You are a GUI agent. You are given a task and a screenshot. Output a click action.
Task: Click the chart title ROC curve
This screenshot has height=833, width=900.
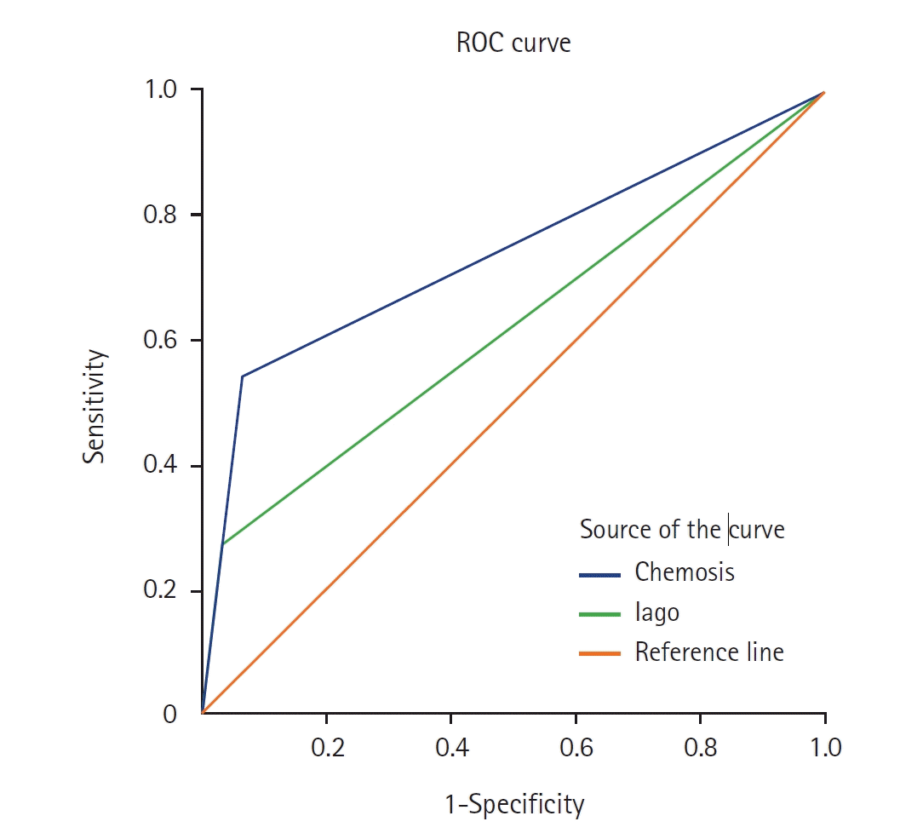(x=513, y=43)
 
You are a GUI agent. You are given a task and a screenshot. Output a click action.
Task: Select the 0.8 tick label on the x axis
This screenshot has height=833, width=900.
(x=700, y=747)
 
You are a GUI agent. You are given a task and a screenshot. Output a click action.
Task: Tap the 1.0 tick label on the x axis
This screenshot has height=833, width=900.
(x=824, y=747)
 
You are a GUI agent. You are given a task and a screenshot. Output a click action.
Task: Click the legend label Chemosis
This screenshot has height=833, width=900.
(x=685, y=572)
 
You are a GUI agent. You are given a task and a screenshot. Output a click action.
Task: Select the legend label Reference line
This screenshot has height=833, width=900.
(x=709, y=653)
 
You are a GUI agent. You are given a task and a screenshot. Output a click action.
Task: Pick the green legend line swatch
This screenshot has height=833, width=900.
(x=599, y=613)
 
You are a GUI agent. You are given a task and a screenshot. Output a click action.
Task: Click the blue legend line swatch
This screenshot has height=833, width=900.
(x=599, y=573)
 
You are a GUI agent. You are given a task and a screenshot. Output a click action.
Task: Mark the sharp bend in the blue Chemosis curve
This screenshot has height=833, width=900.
(x=243, y=376)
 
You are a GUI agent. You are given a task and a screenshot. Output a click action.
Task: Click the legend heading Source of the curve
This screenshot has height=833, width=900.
(x=681, y=530)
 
